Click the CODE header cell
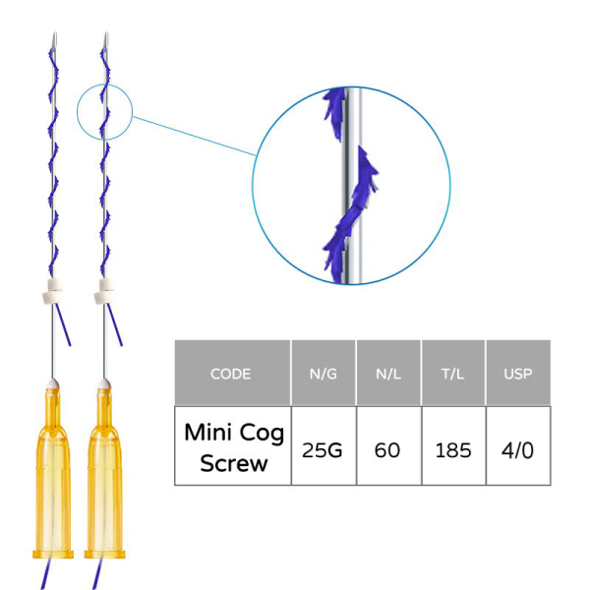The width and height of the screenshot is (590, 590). (x=231, y=374)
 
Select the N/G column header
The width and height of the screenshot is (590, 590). (x=324, y=374)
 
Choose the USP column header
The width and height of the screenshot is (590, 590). (x=518, y=374)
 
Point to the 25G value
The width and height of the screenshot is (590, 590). (x=324, y=450)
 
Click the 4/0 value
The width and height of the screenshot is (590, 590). (x=518, y=450)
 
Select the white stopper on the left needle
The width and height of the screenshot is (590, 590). (x=53, y=291)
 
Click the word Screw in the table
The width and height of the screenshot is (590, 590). (x=233, y=462)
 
